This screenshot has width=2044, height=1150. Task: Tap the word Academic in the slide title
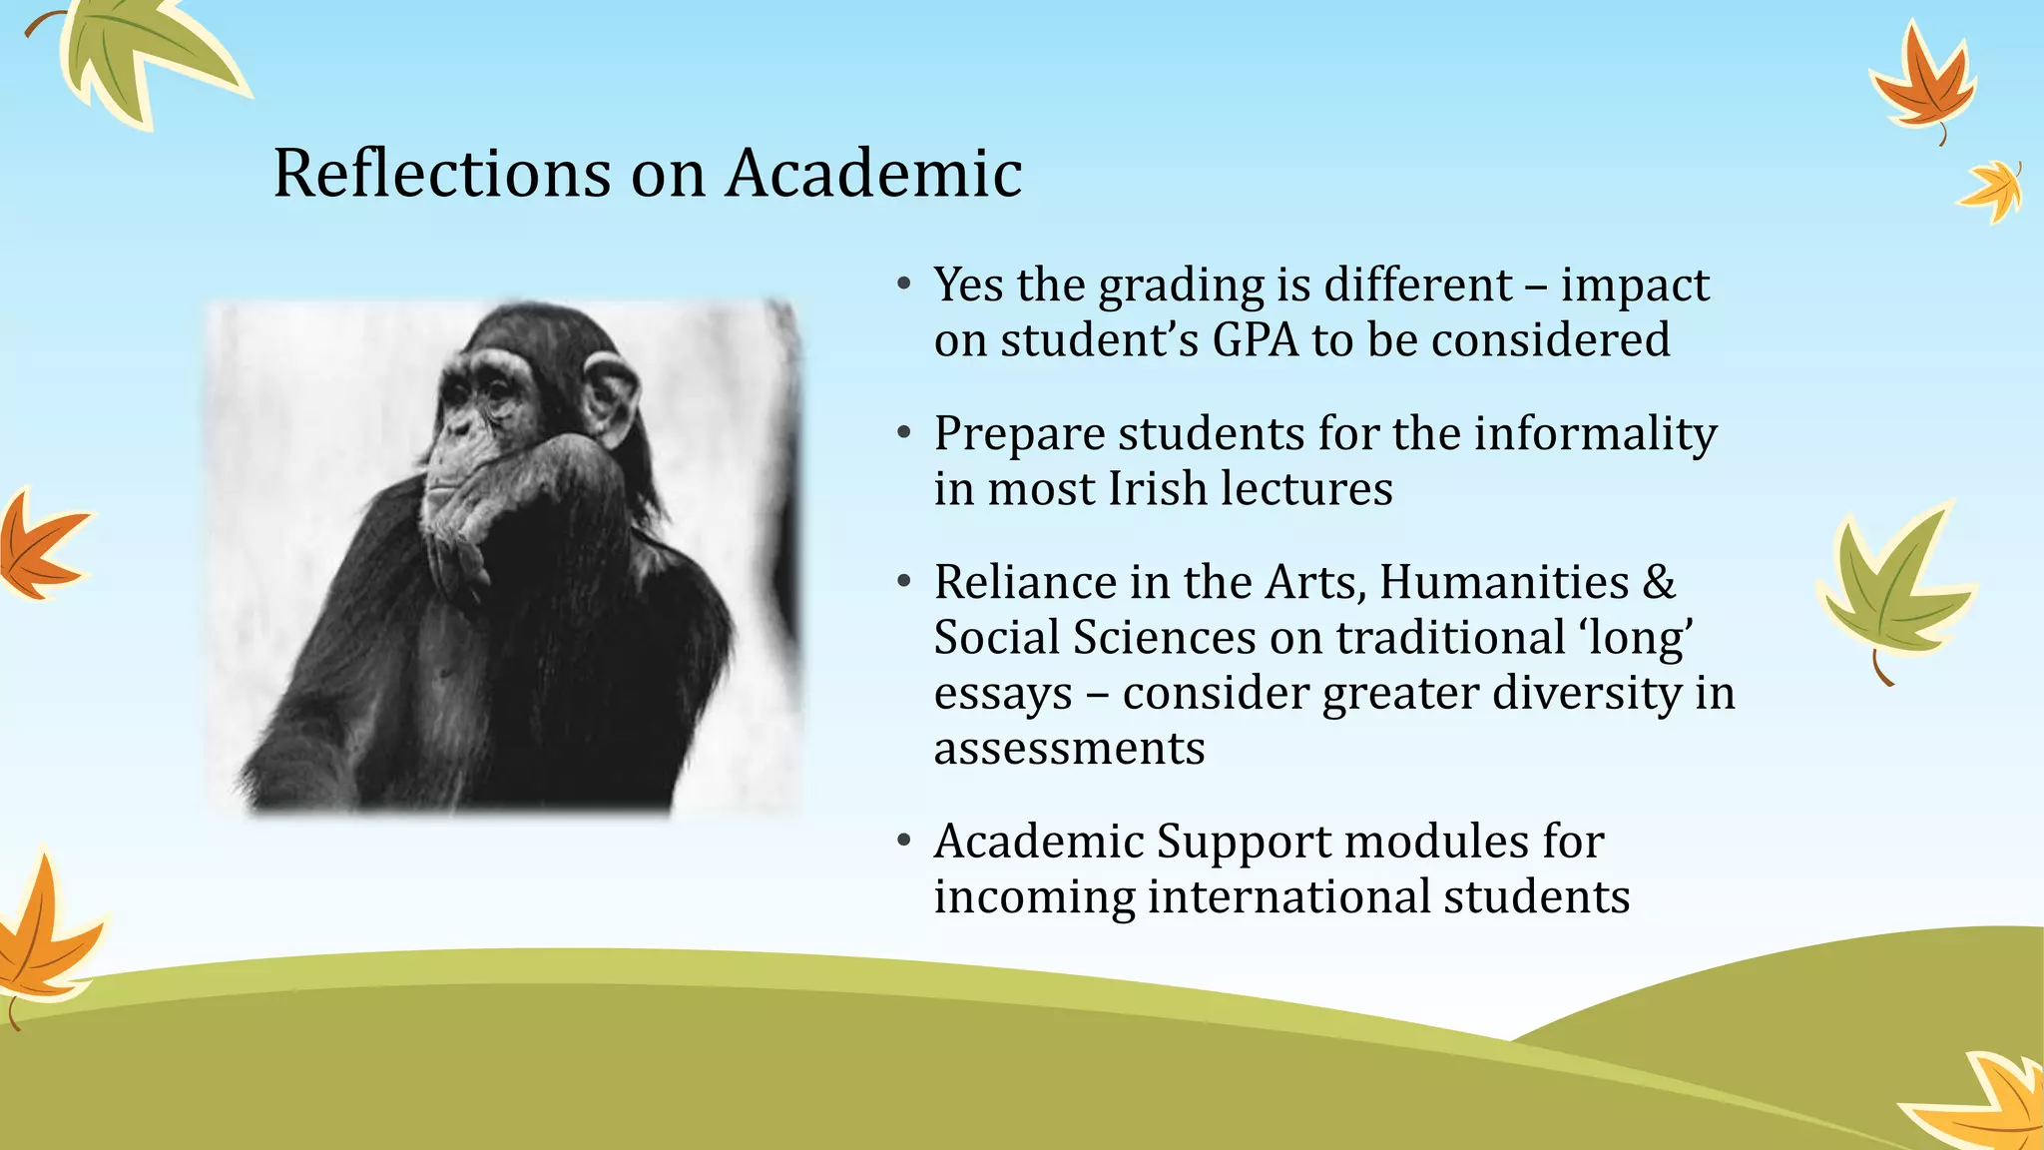tap(873, 173)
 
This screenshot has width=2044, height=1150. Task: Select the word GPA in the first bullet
tap(1256, 339)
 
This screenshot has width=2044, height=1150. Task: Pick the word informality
tap(1595, 434)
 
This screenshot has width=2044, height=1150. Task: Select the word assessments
tap(1069, 748)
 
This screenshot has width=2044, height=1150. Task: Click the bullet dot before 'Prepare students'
tap(904, 433)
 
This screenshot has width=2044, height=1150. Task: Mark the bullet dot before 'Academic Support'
tap(904, 841)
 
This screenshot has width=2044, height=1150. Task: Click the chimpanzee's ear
tap(610, 398)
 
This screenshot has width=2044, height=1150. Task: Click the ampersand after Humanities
tap(1658, 582)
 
